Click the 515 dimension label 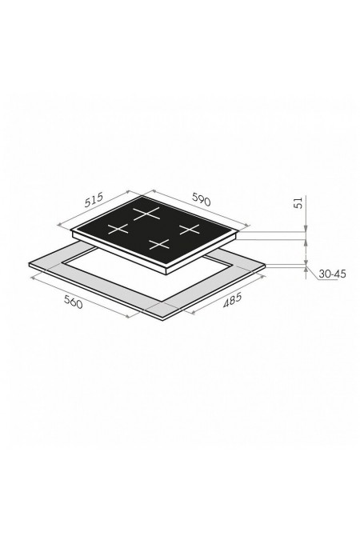tap(94, 200)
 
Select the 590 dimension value tap(201, 200)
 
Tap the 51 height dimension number tap(298, 202)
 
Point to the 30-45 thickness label tap(332, 274)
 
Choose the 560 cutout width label tap(74, 302)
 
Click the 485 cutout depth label tap(233, 299)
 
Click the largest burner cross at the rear tap(147, 214)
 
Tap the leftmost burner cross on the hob tap(118, 229)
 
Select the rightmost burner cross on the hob tap(189, 229)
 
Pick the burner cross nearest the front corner tap(159, 244)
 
